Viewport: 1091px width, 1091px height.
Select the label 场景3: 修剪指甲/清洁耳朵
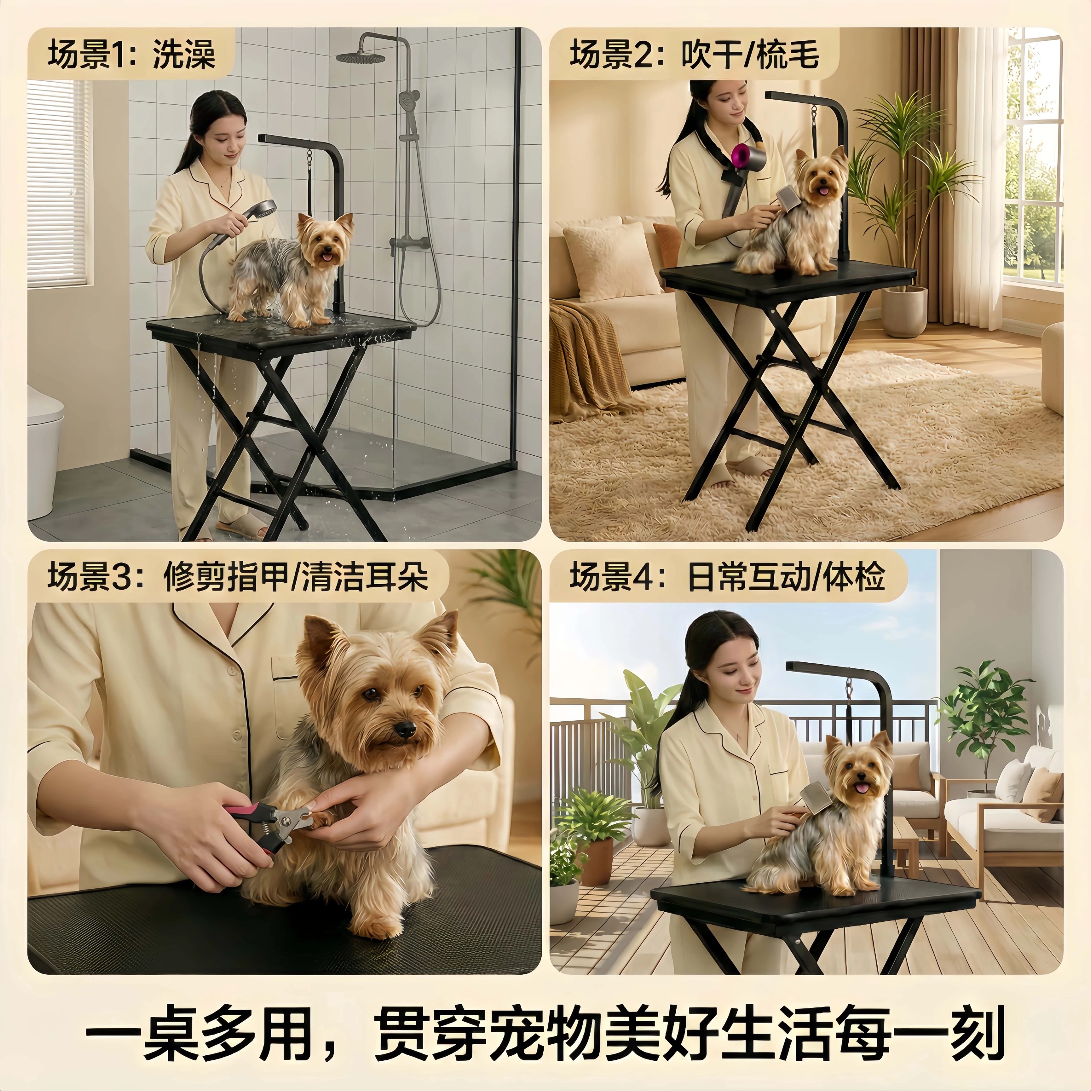click(237, 577)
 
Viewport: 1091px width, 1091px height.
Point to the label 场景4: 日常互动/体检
click(727, 577)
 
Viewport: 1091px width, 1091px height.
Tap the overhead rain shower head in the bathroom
click(361, 56)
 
